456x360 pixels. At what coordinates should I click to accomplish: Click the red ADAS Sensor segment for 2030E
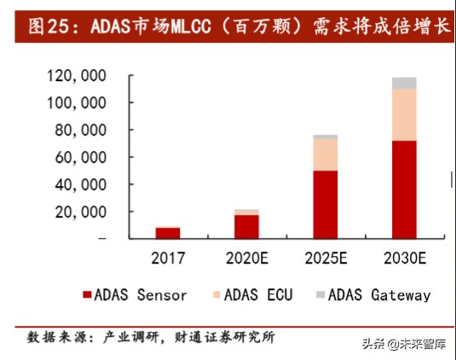click(404, 189)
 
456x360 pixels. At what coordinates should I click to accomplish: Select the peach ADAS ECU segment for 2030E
click(404, 114)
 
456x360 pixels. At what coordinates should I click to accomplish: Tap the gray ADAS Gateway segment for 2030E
click(404, 83)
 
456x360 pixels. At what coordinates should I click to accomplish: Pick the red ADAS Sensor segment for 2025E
click(325, 204)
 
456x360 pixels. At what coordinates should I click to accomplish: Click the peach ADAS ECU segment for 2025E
click(325, 154)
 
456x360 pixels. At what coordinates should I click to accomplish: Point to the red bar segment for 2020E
click(246, 226)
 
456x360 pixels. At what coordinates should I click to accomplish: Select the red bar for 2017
click(168, 232)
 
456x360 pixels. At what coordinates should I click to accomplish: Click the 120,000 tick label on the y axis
click(76, 76)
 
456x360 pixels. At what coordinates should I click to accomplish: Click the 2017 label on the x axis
click(168, 258)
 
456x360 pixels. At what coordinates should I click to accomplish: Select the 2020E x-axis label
click(246, 258)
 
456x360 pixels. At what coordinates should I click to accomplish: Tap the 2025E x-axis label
click(325, 258)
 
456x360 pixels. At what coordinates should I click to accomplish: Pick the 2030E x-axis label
click(404, 258)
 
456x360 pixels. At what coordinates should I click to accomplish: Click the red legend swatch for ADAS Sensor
click(87, 295)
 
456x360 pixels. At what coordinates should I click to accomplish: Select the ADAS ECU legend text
click(259, 295)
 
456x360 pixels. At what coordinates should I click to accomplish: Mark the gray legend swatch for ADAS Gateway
click(320, 295)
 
